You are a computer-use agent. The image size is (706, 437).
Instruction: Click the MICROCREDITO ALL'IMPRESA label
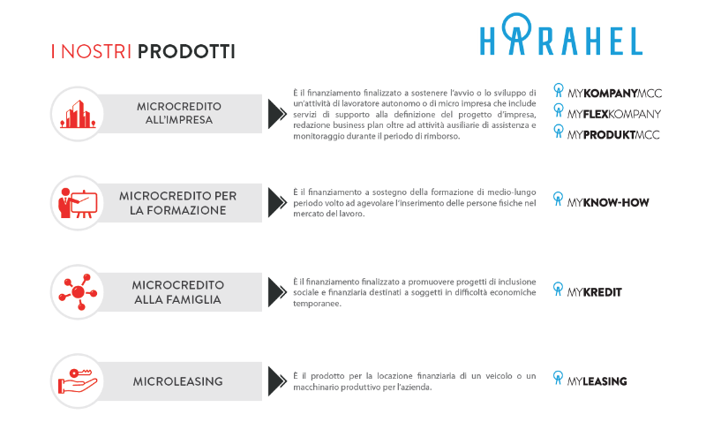pyautogui.click(x=179, y=113)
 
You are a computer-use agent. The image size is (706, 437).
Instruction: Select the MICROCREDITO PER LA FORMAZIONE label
pyautogui.click(x=179, y=202)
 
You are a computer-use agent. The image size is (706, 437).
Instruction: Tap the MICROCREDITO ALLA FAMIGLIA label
pyautogui.click(x=179, y=291)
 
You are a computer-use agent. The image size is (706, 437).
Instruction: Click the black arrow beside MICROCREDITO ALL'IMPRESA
pyautogui.click(x=276, y=113)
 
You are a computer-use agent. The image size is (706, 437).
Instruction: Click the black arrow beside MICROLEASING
pyautogui.click(x=276, y=381)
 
